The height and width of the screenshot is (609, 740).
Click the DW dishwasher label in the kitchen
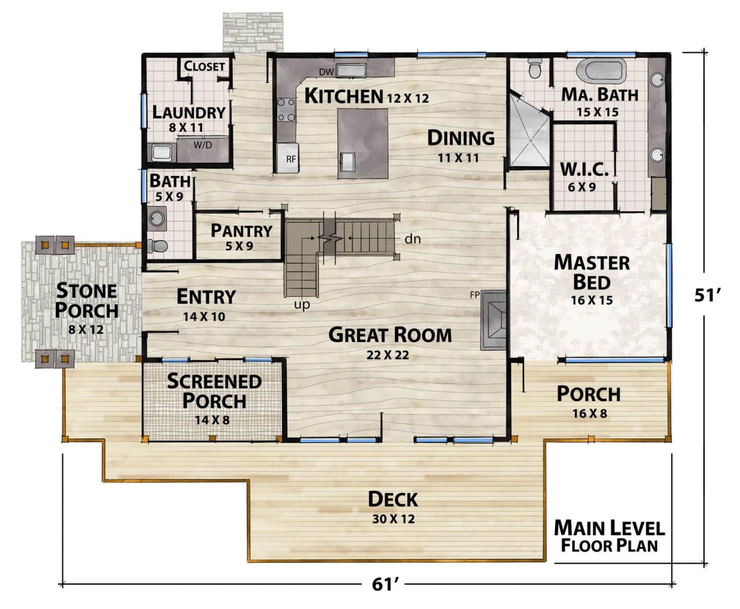326,72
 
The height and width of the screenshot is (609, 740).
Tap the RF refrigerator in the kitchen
288,158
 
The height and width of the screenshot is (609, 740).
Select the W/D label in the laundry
202,145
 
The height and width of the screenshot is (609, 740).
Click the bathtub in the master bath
601,70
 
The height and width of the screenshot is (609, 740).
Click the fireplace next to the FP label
493,320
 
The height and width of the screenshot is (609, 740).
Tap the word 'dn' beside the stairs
413,239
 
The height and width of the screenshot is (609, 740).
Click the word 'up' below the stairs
302,304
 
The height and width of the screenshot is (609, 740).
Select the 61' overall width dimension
385,584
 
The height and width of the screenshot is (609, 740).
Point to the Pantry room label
242,231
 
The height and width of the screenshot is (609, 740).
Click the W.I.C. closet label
584,169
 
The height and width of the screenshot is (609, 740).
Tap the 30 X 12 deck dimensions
394,519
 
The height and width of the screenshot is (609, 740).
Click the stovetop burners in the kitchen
286,110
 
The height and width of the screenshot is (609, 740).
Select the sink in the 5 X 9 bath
157,219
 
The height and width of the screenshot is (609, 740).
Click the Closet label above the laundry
204,66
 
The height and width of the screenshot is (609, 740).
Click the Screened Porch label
214,391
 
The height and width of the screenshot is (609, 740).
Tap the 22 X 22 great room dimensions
387,355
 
